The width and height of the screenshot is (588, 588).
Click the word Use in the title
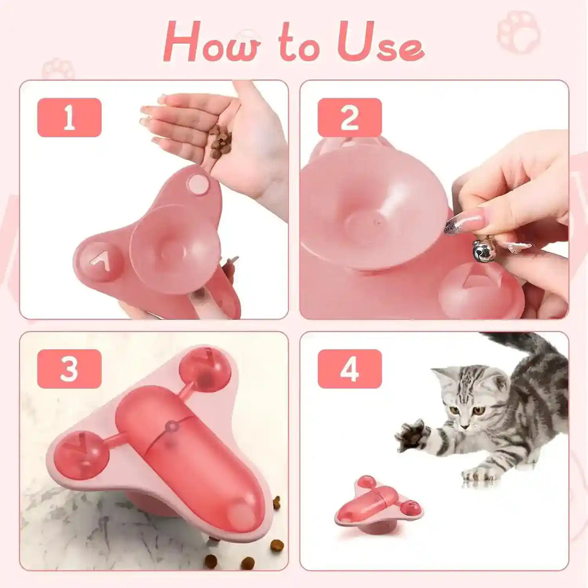tap(381, 42)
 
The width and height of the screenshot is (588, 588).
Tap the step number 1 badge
tap(69, 118)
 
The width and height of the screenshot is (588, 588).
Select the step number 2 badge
tap(349, 118)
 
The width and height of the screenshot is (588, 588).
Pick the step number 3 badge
tap(69, 369)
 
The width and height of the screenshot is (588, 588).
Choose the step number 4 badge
tap(349, 369)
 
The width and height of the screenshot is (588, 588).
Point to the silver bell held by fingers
tap(483, 251)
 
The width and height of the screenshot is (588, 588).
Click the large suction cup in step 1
tap(175, 249)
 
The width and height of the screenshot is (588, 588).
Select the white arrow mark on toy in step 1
tap(100, 261)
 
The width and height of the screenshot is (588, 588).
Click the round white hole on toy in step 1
tap(198, 184)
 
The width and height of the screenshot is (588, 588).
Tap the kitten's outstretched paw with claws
tap(412, 435)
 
